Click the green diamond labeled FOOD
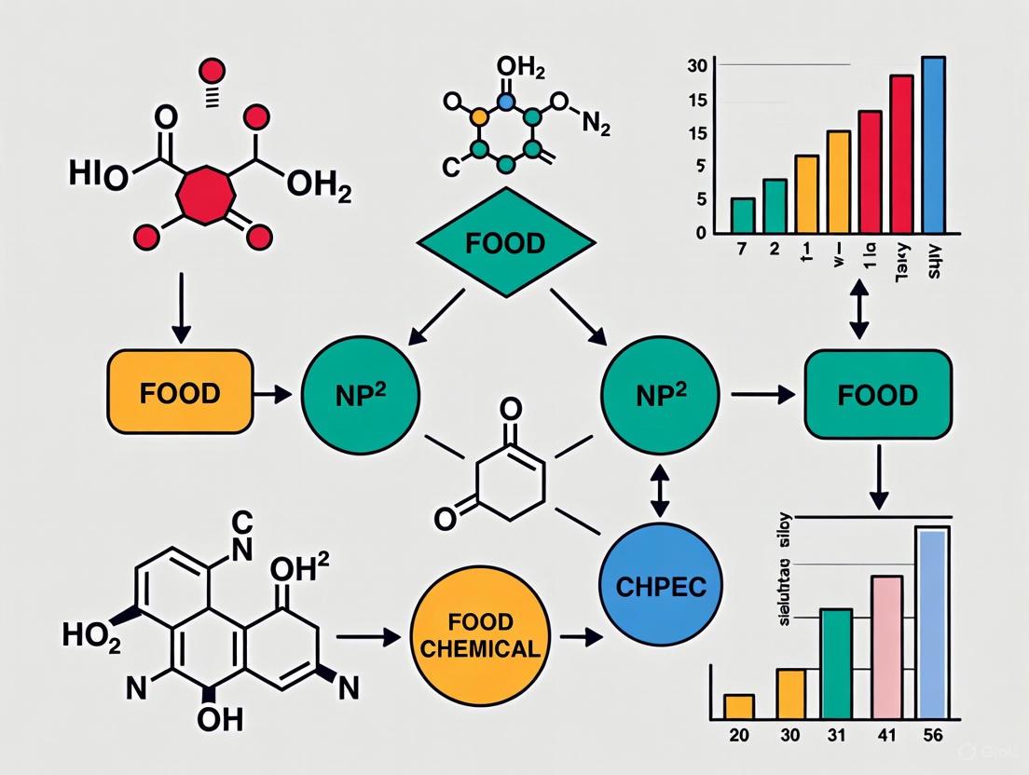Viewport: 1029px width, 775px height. coord(506,244)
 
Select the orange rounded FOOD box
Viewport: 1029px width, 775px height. coord(180,392)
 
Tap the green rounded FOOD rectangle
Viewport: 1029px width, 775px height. coord(877,395)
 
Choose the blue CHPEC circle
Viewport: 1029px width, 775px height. coord(661,587)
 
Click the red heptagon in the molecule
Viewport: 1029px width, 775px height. coord(206,193)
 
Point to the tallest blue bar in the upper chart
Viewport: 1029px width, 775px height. coord(933,144)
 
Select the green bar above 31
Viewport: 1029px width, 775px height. coord(836,663)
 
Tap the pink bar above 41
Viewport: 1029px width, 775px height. coord(886,646)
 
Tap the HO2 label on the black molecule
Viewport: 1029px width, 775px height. coord(91,635)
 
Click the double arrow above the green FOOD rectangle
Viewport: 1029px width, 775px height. coord(858,313)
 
